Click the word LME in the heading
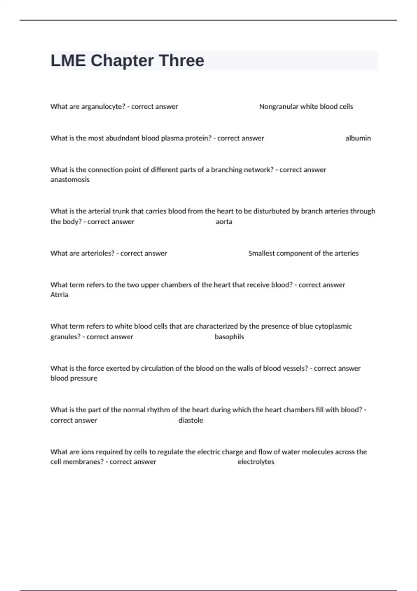point(68,60)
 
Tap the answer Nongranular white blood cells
point(306,107)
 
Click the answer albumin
point(358,138)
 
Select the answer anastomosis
point(70,180)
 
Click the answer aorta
point(224,222)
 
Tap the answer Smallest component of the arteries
point(303,253)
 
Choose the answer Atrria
point(59,295)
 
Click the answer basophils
point(229,337)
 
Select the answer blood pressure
point(74,378)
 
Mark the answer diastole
point(191,420)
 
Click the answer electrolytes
point(256,462)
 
